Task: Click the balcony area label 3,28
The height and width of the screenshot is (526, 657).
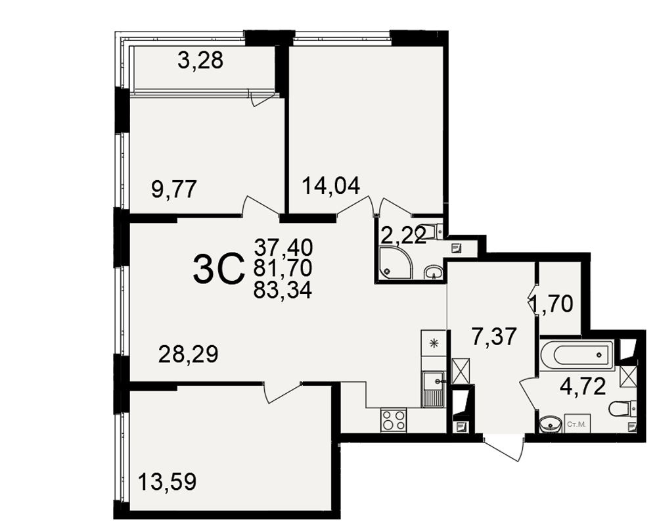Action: tap(200, 61)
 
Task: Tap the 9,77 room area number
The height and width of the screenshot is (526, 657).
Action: tap(174, 189)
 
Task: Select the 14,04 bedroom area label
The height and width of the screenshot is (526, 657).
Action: tap(331, 186)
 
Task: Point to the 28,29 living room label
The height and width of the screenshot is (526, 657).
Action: tap(189, 355)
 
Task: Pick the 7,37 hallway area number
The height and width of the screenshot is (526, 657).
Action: tap(494, 337)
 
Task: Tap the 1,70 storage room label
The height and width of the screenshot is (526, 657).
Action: tap(552, 304)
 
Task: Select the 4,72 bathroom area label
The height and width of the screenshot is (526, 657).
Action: tap(583, 387)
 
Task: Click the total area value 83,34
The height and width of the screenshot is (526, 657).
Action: tap(283, 290)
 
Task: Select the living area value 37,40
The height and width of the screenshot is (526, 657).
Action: tap(283, 247)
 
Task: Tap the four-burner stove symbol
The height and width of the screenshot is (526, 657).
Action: tap(393, 420)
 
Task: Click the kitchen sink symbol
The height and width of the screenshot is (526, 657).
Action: tap(433, 389)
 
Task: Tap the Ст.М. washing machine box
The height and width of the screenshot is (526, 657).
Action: tap(576, 424)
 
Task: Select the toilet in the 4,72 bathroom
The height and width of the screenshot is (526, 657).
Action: tap(623, 408)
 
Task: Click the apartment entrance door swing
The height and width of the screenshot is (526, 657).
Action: tap(503, 450)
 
